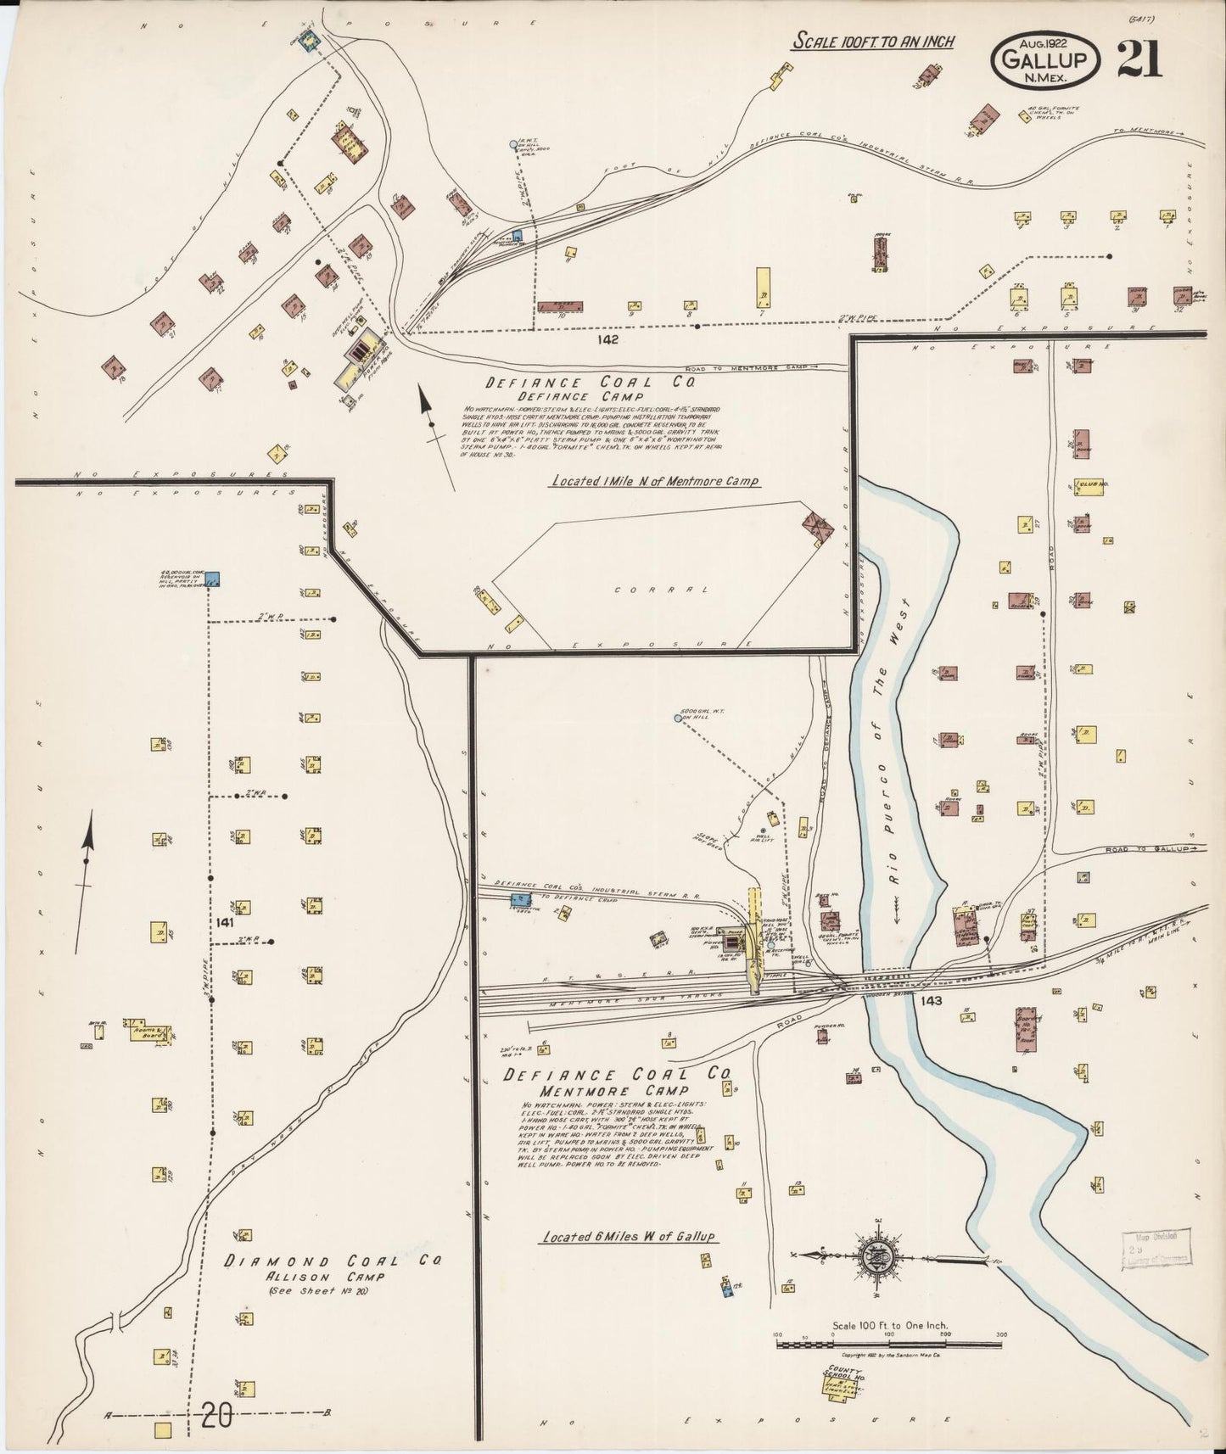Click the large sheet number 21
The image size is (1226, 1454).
tap(1139, 59)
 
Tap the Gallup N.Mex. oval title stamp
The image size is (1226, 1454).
tap(1045, 59)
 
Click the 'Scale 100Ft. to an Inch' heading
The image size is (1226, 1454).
tap(874, 42)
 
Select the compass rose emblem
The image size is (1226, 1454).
tap(873, 1257)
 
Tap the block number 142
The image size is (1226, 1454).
tap(607, 339)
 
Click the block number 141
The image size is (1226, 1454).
tap(224, 921)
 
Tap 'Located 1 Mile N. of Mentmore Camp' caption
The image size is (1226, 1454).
tap(655, 481)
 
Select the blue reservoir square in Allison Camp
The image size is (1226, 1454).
tap(214, 579)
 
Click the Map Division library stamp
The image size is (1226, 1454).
tap(1156, 1247)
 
